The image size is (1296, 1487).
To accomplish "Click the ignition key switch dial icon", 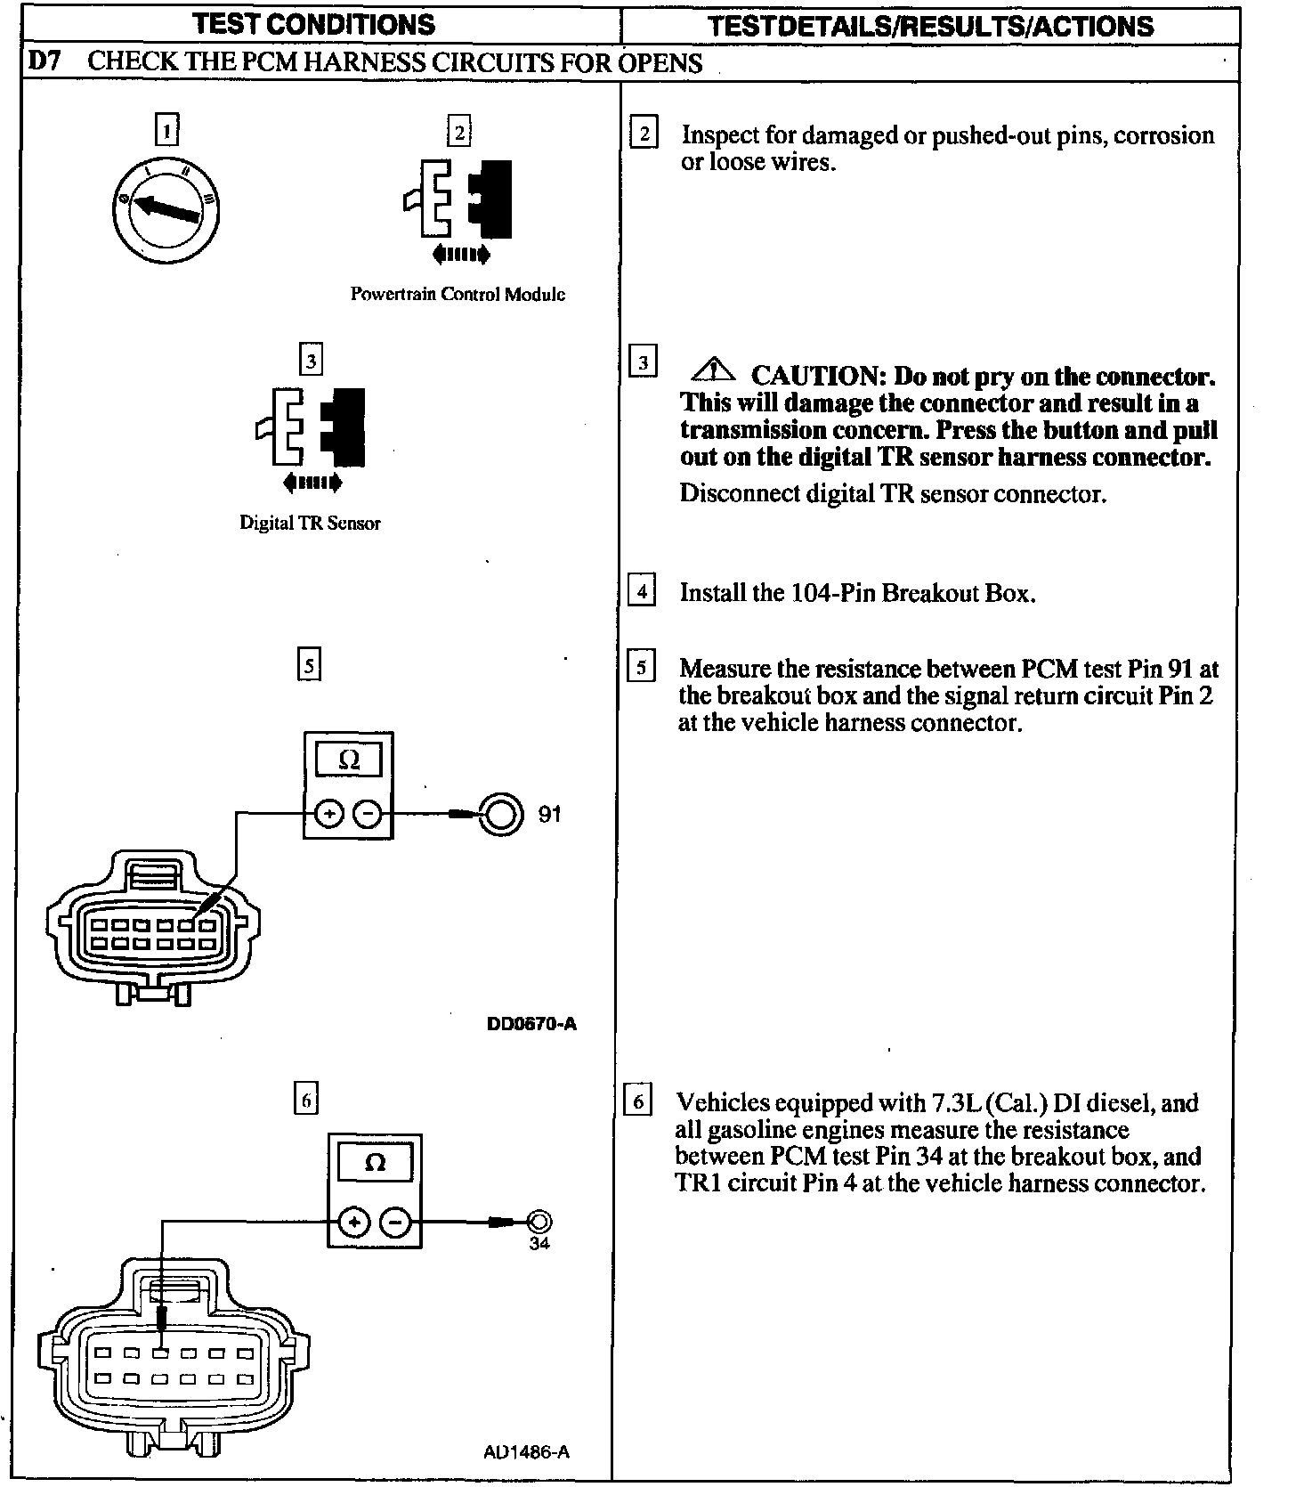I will coord(166,209).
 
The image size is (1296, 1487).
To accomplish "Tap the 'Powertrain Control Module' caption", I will coord(458,294).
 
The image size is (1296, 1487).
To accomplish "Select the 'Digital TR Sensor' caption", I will coord(310,523).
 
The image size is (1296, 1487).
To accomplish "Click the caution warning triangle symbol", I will coord(712,369).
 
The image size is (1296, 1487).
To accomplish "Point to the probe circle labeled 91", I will coord(500,814).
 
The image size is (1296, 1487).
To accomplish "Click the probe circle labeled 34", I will coord(539,1222).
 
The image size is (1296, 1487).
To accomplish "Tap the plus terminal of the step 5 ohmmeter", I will coord(329,814).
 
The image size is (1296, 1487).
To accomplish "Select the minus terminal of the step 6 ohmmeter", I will coord(396,1223).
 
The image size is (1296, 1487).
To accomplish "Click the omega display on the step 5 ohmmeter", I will coord(349,760).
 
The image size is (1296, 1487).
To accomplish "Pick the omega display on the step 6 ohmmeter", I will coord(375,1163).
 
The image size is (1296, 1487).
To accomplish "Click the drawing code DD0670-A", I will coord(531,1024).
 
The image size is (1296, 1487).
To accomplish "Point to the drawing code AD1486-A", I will coord(527,1452).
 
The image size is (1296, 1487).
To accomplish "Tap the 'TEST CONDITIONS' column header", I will coord(314,24).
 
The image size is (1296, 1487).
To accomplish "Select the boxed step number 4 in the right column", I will coord(642,591).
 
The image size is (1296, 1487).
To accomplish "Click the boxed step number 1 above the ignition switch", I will coord(166,130).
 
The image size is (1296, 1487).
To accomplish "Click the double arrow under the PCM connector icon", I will coord(460,256).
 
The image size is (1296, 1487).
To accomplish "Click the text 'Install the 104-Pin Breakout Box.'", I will coord(857,593).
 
